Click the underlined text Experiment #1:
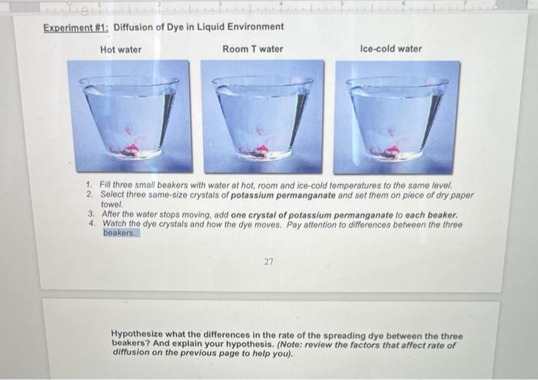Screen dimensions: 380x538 (75, 27)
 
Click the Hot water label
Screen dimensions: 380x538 (121, 49)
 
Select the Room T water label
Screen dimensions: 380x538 (252, 49)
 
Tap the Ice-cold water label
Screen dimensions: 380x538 (390, 48)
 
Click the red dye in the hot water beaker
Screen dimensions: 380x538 (129, 148)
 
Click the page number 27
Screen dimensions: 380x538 (268, 262)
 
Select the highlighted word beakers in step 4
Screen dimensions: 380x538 (119, 232)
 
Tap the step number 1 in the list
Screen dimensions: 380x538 (90, 186)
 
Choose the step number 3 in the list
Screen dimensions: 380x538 (90, 215)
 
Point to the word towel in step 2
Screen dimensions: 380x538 (111, 205)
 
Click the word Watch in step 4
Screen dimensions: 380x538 (115, 224)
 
